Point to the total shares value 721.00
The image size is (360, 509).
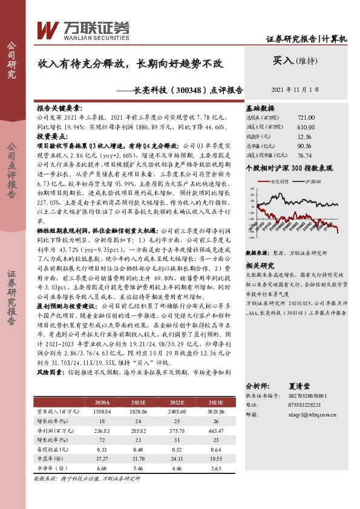coord(306,117)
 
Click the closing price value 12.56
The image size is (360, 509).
coord(306,136)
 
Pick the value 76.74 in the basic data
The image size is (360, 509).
coord(306,155)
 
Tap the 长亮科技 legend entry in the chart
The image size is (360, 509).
coord(281,181)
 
